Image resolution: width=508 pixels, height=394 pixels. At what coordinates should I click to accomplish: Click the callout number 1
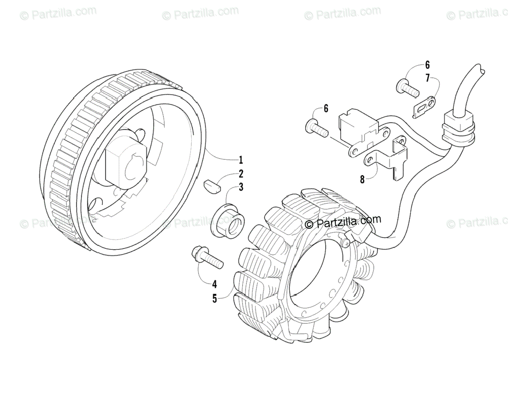coord(240,160)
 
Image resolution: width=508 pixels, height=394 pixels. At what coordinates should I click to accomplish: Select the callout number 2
coord(240,173)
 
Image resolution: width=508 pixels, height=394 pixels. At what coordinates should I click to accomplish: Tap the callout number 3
coord(240,187)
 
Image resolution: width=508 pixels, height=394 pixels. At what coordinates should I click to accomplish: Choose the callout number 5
coord(215,298)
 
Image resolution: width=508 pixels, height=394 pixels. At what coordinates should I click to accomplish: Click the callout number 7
coord(428,78)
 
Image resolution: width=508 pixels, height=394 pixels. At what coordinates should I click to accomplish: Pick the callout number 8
coord(362,179)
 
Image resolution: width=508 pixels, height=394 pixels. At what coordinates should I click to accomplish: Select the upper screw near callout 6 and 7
coord(407,89)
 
